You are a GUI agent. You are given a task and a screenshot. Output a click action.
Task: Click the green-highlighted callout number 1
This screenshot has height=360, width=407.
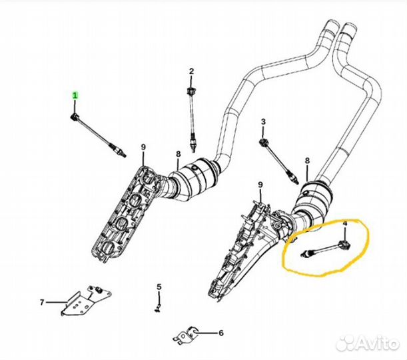coord(75,96)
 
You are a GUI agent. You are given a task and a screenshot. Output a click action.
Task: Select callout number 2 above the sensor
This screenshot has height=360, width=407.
coord(191,71)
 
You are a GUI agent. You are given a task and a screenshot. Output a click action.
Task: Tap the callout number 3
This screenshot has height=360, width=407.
coord(263,121)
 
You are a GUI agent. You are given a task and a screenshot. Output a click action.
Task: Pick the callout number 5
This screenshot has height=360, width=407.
coord(159,287)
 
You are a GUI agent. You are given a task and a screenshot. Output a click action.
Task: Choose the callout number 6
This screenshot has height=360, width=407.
coord(221,332)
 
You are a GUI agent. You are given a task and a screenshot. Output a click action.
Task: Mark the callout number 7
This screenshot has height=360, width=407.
coord(42,302)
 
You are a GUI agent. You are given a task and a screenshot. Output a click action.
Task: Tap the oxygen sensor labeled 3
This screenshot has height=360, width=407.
coord(278,158)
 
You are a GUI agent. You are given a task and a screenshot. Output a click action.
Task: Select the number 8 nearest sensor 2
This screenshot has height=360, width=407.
coord(178,155)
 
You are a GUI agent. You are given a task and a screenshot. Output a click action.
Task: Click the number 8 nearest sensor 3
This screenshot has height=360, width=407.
coord(306,161)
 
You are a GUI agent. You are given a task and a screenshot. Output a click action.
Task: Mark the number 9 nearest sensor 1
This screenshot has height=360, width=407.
coord(143,147)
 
